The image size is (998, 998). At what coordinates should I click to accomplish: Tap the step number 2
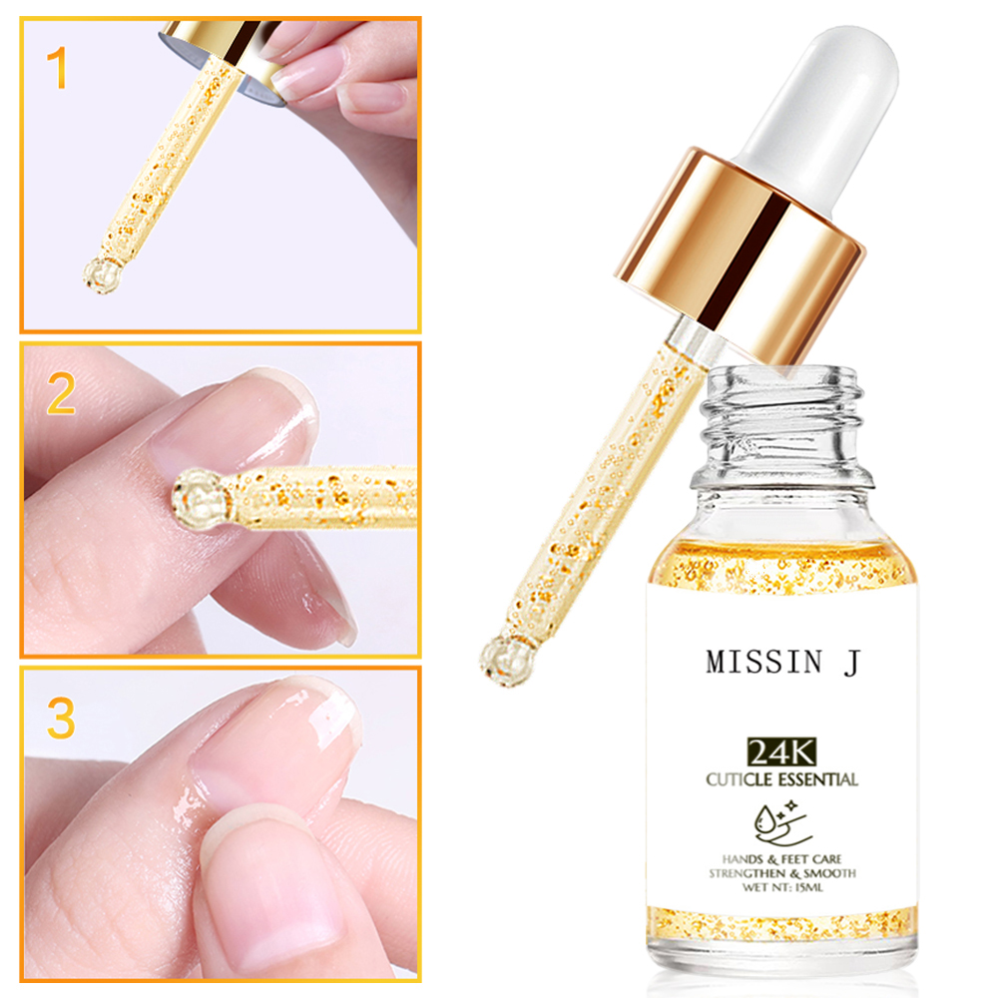(x=61, y=395)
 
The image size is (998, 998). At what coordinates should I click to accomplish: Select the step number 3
(x=61, y=720)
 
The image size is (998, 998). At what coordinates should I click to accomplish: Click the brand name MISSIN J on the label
(x=781, y=663)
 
